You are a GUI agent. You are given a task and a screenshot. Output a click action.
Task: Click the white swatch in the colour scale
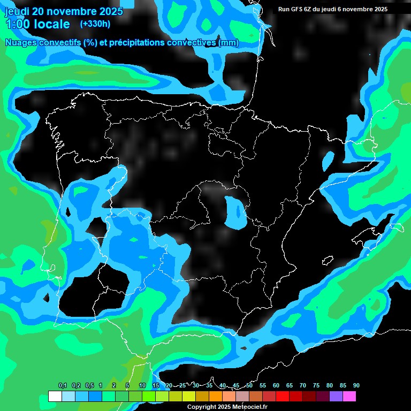(55, 397)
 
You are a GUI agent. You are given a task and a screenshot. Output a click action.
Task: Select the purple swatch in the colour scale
(336, 397)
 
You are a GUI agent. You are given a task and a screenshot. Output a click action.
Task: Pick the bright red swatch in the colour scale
(283, 397)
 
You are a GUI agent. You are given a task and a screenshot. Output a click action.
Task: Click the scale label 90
(356, 385)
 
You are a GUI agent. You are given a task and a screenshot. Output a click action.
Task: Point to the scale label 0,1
(63, 385)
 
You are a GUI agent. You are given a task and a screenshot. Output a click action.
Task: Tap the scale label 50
(249, 385)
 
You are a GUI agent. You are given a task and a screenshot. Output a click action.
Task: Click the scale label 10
(142, 385)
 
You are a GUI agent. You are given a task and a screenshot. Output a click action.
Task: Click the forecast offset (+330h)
(95, 24)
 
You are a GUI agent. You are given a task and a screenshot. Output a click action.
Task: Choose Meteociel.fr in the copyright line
(249, 407)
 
